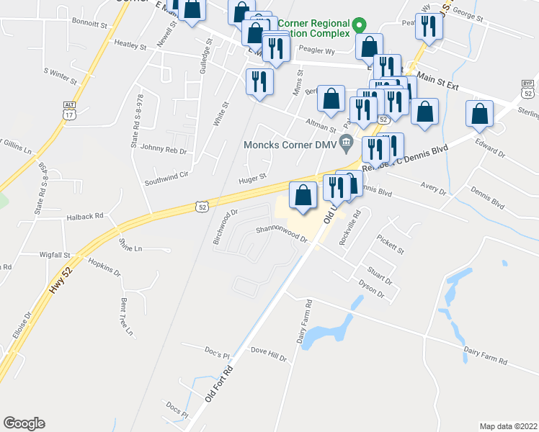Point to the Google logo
coord(24,423)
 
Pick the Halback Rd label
coord(85,215)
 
